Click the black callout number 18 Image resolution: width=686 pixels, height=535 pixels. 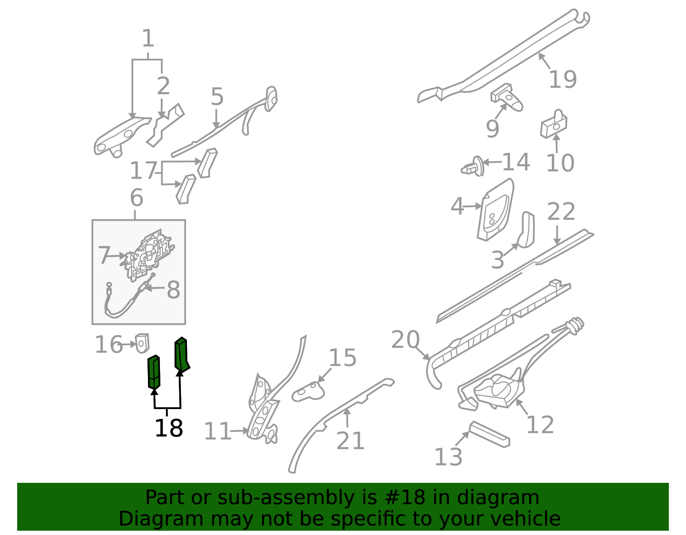168,428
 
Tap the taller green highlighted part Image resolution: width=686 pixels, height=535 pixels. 181,355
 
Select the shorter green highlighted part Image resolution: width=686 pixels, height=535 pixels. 154,372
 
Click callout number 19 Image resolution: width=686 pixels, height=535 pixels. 563,79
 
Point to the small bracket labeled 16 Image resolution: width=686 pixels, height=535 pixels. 142,343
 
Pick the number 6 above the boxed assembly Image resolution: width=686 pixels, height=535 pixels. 136,197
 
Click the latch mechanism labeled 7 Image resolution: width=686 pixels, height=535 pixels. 148,254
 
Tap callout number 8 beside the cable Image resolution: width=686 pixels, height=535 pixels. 173,290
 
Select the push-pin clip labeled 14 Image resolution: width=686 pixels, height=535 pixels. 472,167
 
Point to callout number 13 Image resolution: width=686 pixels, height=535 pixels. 448,457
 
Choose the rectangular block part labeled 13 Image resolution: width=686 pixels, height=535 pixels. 489,434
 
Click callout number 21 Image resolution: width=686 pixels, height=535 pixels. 350,441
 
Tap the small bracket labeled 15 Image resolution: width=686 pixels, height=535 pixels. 308,392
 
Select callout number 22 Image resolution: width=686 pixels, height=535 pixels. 561,211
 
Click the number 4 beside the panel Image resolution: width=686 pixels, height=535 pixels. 457,206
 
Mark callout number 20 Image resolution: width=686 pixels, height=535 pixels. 405,340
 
